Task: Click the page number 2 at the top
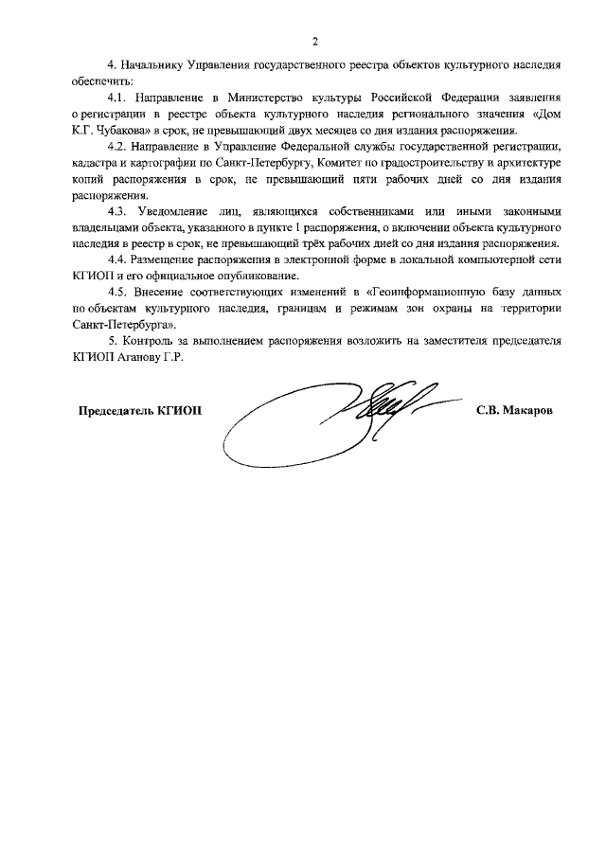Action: (x=314, y=41)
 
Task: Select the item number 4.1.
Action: (x=117, y=98)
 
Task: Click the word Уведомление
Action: (x=175, y=212)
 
